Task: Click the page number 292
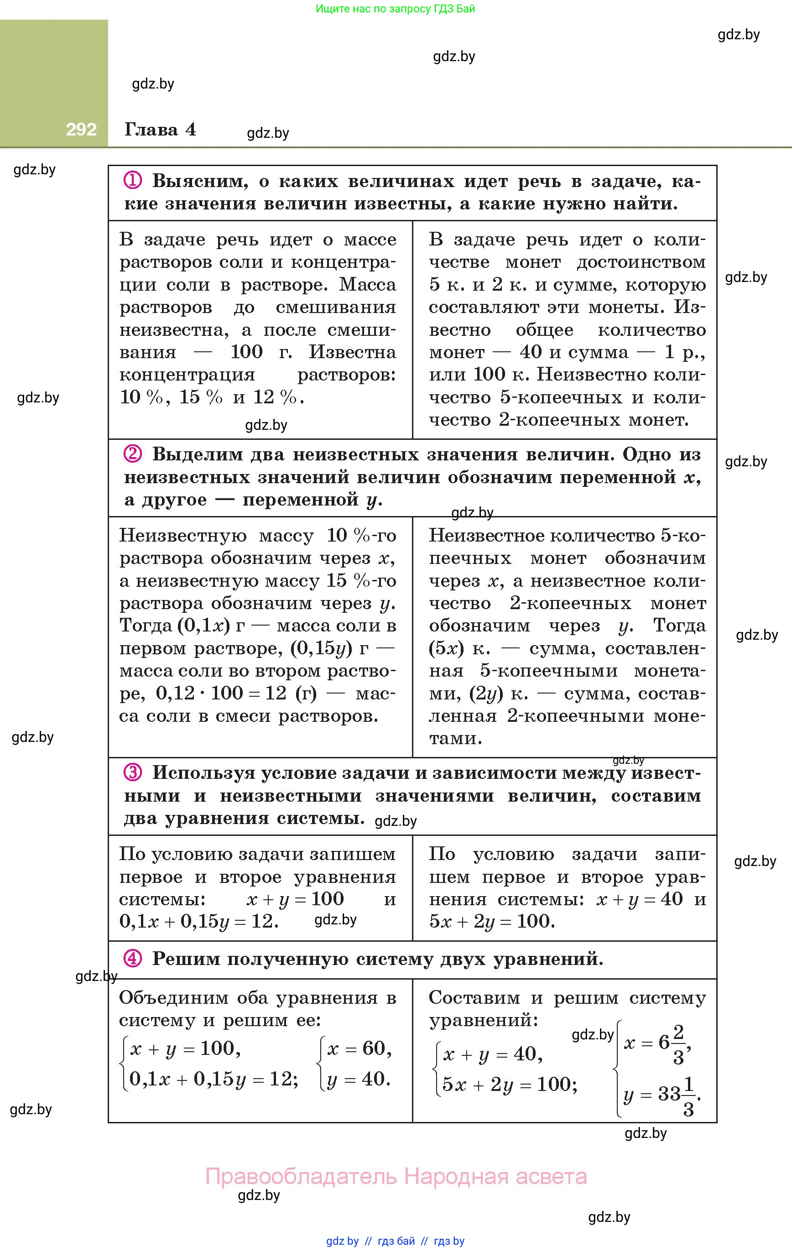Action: click(x=81, y=129)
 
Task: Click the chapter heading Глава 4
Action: click(x=160, y=130)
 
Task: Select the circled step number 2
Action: click(x=133, y=454)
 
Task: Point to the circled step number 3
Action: click(x=133, y=772)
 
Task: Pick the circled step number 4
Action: click(x=133, y=958)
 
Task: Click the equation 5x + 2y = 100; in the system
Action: click(x=510, y=1084)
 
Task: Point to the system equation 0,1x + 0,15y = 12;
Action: click(x=214, y=1080)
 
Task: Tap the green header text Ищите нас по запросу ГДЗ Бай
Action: click(x=395, y=9)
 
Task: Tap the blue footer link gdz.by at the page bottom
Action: click(x=342, y=1241)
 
